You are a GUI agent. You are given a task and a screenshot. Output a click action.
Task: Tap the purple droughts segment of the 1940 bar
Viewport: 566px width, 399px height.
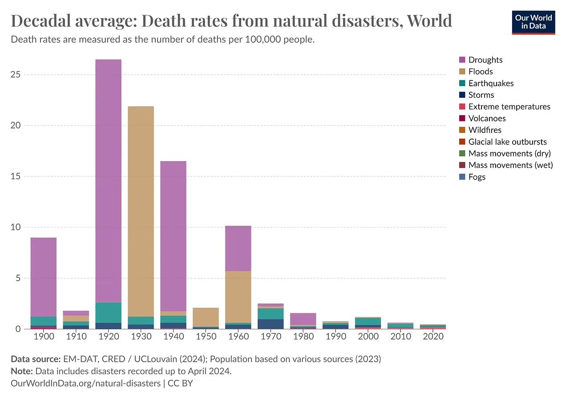coord(173,235)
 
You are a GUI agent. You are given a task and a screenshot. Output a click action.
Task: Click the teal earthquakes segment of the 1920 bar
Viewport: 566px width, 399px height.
coord(108,312)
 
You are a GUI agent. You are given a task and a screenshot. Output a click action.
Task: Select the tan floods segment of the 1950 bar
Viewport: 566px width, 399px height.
coord(206,317)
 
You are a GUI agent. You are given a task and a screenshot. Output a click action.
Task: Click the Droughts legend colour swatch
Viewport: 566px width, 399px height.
coord(462,60)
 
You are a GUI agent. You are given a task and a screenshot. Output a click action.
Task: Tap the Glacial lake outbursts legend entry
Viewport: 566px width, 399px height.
coord(507,142)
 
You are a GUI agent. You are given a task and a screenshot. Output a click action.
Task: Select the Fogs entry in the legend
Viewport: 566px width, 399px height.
coord(477,177)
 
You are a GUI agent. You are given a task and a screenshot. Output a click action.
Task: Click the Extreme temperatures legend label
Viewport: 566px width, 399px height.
coord(509,107)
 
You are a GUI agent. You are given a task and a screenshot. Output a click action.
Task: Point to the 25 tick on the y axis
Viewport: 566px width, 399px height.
coord(16,75)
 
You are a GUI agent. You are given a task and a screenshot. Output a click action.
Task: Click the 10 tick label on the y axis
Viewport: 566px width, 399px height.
coord(16,227)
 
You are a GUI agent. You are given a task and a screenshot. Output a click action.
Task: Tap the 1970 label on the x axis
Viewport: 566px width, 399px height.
coord(271,337)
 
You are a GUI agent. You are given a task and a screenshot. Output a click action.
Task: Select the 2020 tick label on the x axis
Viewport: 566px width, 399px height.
coord(433,337)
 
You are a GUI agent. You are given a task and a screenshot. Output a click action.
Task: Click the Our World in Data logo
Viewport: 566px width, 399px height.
coord(534,22)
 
